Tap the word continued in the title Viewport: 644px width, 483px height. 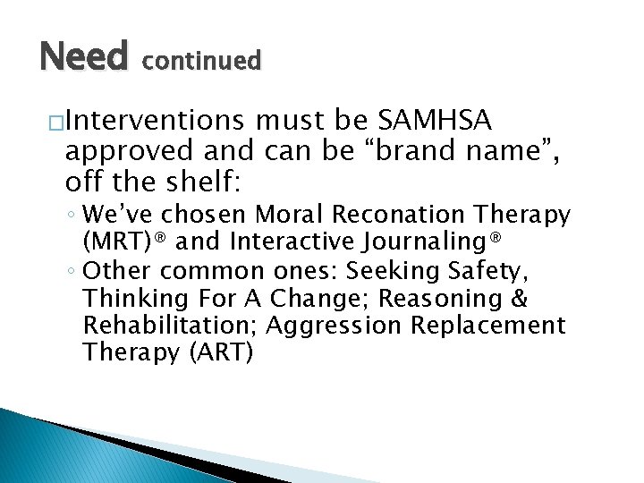coord(201,61)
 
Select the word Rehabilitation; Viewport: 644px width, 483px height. coord(168,325)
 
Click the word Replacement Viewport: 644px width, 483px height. coord(488,326)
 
